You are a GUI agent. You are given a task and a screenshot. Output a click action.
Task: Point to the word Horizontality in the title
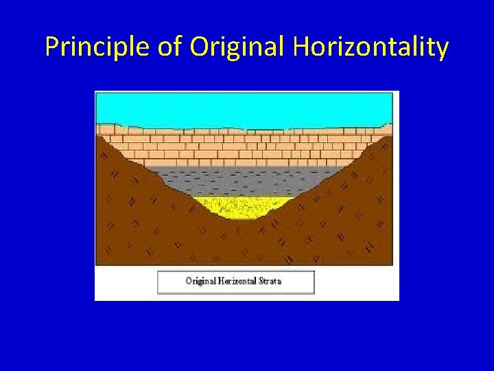click(x=371, y=47)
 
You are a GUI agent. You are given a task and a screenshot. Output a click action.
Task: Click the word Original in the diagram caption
click(x=201, y=281)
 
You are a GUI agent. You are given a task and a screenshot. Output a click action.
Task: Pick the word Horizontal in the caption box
click(x=237, y=281)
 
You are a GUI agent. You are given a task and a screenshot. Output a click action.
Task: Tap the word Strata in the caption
click(x=271, y=281)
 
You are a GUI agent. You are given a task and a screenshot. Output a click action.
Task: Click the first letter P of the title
click(x=52, y=47)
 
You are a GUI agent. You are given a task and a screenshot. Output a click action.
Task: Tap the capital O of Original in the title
click(x=200, y=47)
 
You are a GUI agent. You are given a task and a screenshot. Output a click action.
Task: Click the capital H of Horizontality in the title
click(x=301, y=47)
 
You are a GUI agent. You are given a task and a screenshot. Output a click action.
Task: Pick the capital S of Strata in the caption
click(x=261, y=281)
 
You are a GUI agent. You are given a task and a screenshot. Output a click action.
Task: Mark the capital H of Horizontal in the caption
click(x=221, y=281)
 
